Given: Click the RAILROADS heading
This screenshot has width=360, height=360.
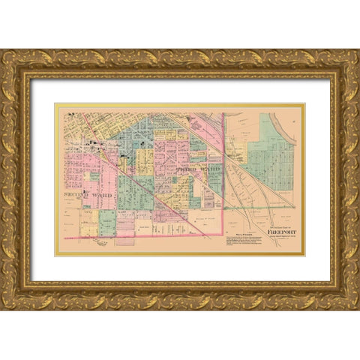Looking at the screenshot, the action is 237,234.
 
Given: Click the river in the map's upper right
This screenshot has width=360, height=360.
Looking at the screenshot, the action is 289,131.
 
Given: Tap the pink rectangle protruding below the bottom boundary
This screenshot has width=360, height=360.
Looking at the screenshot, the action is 125,241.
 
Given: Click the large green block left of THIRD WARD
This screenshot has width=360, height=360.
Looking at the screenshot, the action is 135,191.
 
